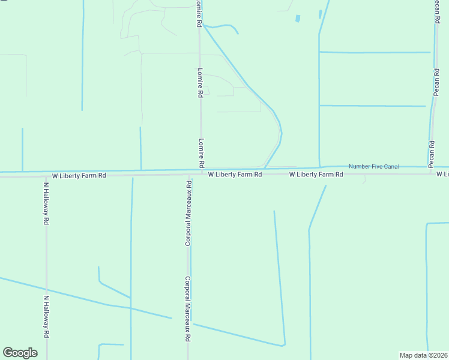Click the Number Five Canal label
pos(373,166)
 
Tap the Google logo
pos(20,353)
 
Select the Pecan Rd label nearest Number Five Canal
pos(431,154)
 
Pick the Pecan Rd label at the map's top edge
pos(438,12)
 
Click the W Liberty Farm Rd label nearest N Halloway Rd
pos(79,176)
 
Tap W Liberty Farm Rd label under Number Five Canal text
pos(316,175)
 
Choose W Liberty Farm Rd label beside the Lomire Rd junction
pos(235,175)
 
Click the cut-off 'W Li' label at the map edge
pos(442,174)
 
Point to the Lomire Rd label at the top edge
pos(199,13)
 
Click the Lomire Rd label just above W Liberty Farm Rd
pos(201,154)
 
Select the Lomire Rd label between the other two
pos(200,83)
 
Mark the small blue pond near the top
pos(298,19)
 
